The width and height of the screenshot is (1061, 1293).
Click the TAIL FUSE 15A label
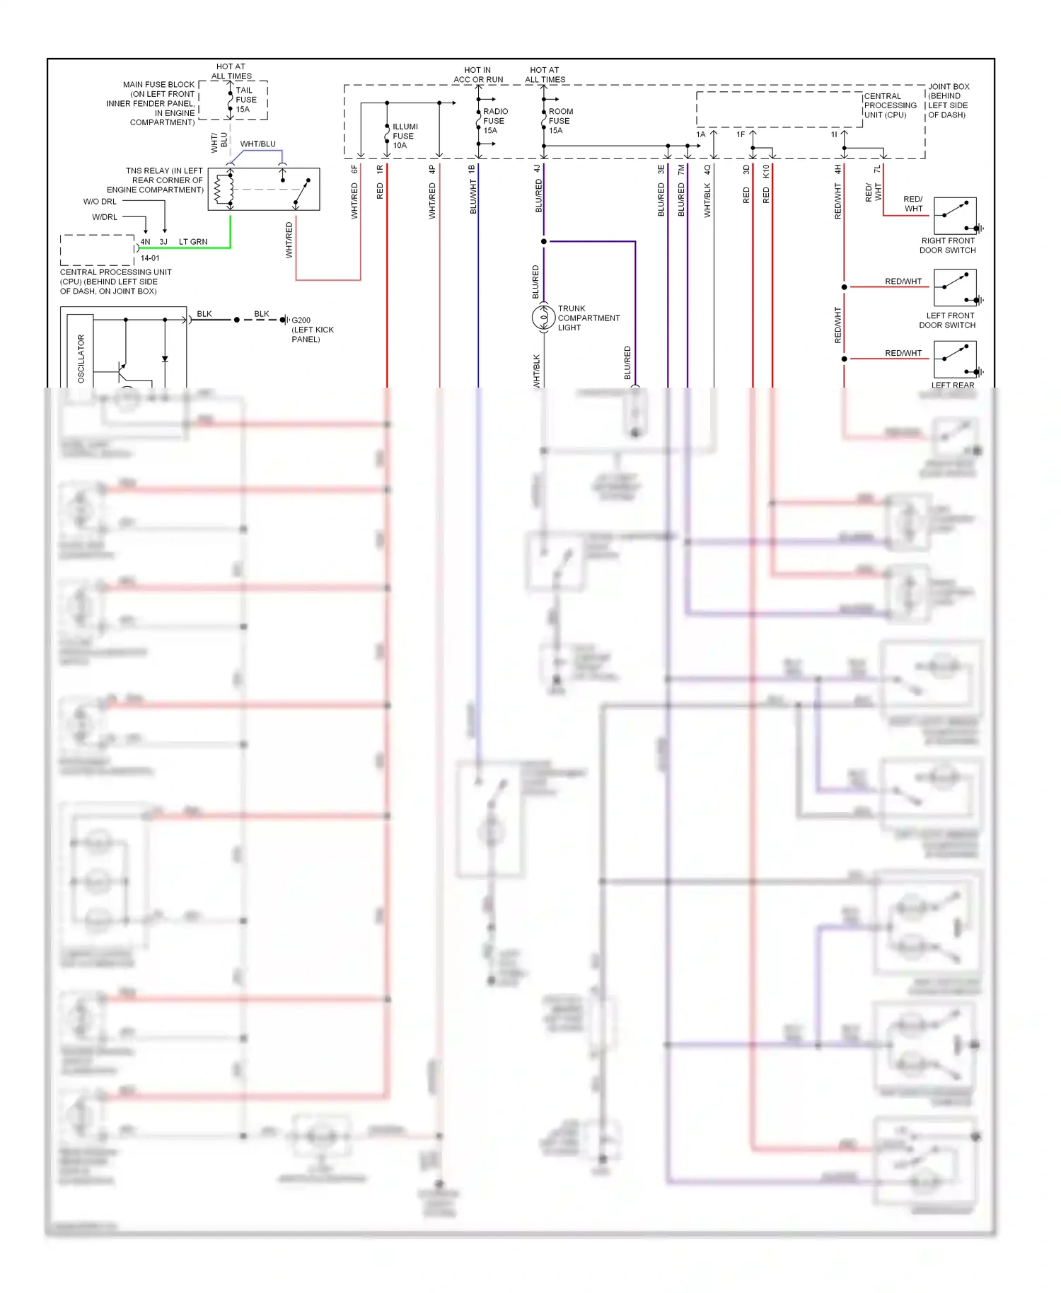[245, 100]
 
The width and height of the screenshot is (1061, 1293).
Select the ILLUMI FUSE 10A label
[405, 136]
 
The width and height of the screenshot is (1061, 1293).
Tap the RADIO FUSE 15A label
[494, 121]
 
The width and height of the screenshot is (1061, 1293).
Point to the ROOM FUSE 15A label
[560, 121]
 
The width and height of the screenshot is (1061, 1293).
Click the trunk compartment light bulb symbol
[543, 318]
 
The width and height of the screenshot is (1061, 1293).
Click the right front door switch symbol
[954, 216]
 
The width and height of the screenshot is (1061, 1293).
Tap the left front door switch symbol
[954, 288]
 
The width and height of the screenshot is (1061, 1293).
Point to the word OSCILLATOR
[81, 359]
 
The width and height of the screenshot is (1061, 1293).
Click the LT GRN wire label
[193, 242]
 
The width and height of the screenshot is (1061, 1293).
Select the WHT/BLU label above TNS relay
[257, 144]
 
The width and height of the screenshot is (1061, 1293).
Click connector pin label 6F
[355, 170]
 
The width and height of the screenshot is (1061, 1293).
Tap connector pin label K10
[766, 170]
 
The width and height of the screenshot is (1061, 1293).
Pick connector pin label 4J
[537, 169]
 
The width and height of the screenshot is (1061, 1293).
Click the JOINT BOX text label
[948, 87]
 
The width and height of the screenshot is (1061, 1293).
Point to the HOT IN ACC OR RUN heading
[478, 75]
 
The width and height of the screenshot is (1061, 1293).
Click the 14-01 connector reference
[150, 258]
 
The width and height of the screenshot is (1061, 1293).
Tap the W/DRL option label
[105, 217]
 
